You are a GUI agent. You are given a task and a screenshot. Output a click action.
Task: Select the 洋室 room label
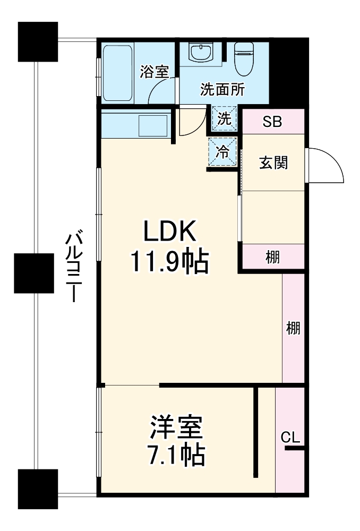pyautogui.click(x=176, y=428)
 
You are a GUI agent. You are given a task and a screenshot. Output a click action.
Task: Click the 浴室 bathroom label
pyautogui.click(x=155, y=72)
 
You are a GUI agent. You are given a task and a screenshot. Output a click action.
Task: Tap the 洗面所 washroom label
pyautogui.click(x=222, y=89)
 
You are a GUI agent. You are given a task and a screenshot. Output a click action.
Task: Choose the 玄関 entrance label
pyautogui.click(x=273, y=162)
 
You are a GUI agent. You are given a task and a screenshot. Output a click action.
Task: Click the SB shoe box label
pyautogui.click(x=273, y=122)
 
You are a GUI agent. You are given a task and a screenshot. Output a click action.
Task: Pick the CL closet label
pyautogui.click(x=290, y=438)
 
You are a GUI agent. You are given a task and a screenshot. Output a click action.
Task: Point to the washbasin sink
pyautogui.click(x=201, y=53)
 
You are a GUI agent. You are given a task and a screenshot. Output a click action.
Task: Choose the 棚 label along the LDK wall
pyautogui.click(x=293, y=329)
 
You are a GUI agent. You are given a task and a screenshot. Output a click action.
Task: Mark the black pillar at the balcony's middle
pyautogui.click(x=34, y=273)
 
